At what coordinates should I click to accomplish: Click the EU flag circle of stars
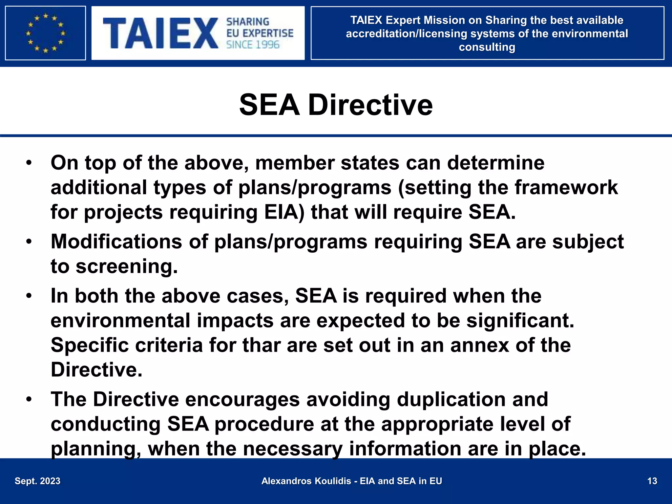click(x=46, y=33)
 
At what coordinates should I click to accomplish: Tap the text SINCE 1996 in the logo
click(x=253, y=45)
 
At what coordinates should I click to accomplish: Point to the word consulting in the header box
click(x=487, y=47)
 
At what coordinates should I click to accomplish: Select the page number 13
click(x=652, y=481)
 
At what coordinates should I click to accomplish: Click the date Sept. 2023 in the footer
click(x=38, y=481)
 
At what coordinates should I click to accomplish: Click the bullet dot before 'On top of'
click(x=29, y=163)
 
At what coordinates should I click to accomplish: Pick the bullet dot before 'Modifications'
click(x=29, y=241)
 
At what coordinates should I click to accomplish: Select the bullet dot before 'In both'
click(x=29, y=296)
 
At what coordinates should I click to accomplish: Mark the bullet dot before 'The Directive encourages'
click(x=29, y=399)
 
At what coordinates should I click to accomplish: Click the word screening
click(x=127, y=266)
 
